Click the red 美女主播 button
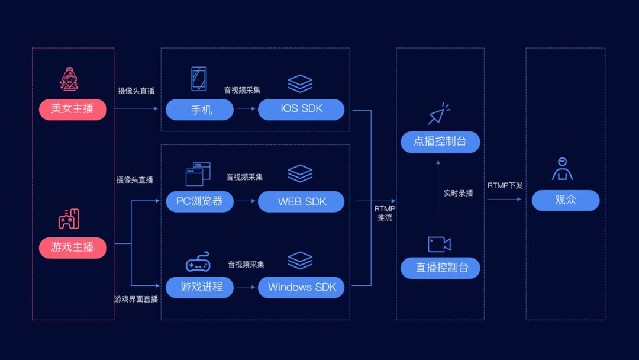click(x=73, y=110)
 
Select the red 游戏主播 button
click(x=73, y=247)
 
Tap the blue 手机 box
click(x=199, y=110)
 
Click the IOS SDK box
click(x=301, y=110)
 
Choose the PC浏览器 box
click(x=199, y=201)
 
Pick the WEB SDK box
click(x=301, y=201)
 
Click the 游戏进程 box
click(x=199, y=287)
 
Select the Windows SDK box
click(x=301, y=287)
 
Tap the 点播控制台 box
click(x=440, y=142)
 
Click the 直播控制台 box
click(x=440, y=268)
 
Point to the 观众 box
click(x=565, y=200)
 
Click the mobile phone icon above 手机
click(x=199, y=79)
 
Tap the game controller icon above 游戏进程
click(x=198, y=262)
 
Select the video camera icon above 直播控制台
click(x=439, y=244)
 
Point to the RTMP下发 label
click(x=505, y=185)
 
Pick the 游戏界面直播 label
click(x=136, y=299)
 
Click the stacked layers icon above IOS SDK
click(x=300, y=83)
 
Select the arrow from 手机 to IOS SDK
click(x=246, y=109)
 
